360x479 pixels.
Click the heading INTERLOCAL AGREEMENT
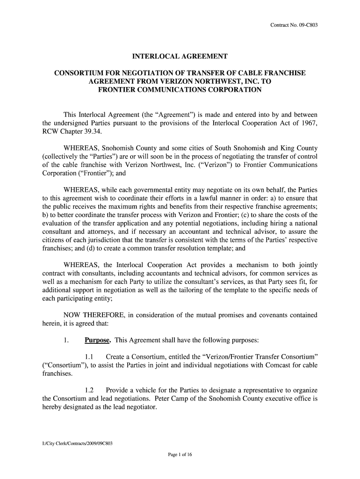pyautogui.click(x=180, y=57)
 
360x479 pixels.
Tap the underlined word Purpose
pyautogui.click(x=97, y=340)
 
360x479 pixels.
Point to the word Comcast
pyautogui.click(x=267, y=366)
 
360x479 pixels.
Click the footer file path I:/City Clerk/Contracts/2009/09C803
pyautogui.click(x=78, y=443)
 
